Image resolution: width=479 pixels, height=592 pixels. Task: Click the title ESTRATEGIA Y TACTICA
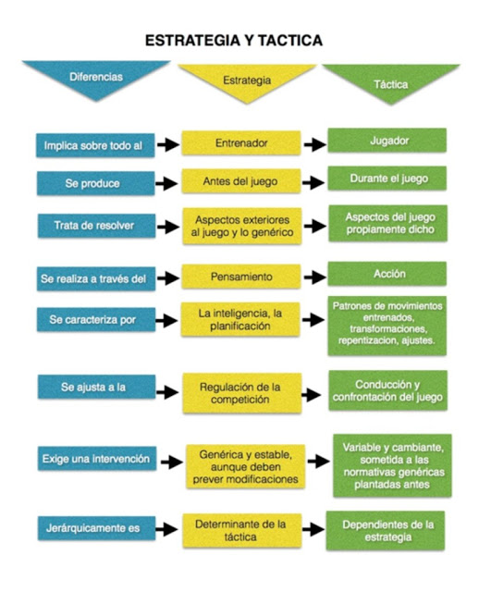coord(234,41)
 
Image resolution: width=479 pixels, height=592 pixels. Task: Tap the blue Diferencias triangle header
coord(96,78)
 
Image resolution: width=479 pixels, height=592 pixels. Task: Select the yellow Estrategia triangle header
coord(247,81)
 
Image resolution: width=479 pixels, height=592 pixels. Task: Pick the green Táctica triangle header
coord(391,82)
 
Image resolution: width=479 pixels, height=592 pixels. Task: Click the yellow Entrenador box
coord(241,143)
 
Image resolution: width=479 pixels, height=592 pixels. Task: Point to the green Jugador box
coord(387,141)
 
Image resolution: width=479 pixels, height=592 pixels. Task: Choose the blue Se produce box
coord(95,183)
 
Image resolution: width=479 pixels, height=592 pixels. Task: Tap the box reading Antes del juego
coord(241,181)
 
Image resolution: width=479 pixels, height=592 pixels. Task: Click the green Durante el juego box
coord(387,179)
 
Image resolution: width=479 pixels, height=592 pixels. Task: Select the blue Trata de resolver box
coord(96,226)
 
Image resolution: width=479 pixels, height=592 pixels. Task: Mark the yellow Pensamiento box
coord(241,277)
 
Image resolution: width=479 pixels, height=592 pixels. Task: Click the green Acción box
coord(387,274)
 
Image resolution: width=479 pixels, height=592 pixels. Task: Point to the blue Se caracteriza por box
coord(96,320)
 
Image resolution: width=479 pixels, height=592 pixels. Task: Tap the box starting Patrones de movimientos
coord(387,326)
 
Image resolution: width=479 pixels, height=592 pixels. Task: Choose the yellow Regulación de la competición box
coord(242,393)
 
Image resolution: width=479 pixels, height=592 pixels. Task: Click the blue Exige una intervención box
coord(97,459)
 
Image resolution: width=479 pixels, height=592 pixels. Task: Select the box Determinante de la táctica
coord(242,530)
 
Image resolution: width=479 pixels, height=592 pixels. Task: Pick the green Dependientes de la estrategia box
coord(386,530)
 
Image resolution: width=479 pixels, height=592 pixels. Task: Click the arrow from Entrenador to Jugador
coord(314,144)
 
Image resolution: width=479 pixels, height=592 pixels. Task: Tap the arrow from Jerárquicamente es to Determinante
coord(166,529)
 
